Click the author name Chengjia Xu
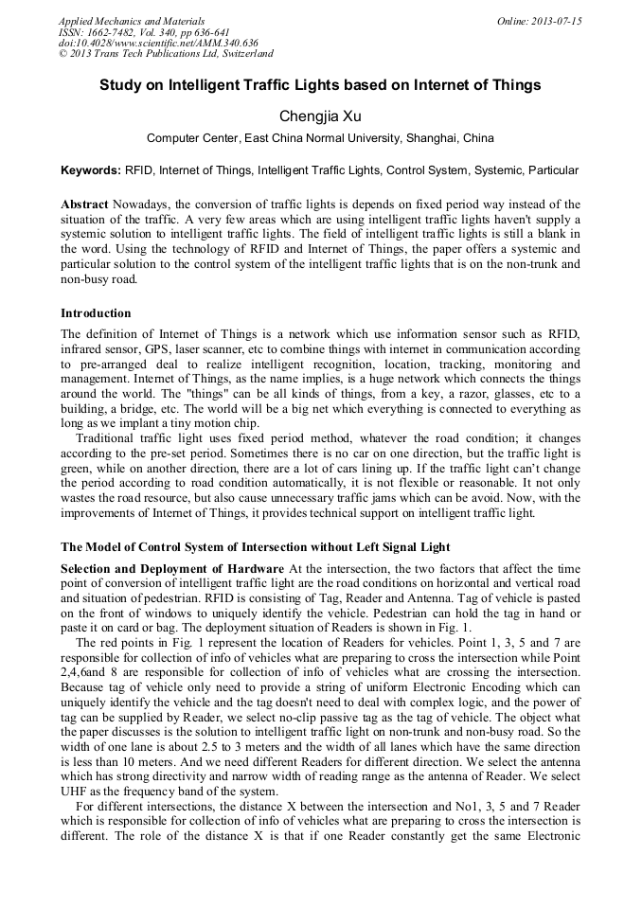(x=320, y=116)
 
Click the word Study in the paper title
(x=122, y=85)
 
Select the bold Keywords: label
(x=91, y=170)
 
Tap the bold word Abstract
(x=84, y=205)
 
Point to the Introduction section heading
(x=96, y=313)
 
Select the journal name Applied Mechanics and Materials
(x=131, y=21)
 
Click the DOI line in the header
(x=158, y=43)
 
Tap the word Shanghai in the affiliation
(x=434, y=138)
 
